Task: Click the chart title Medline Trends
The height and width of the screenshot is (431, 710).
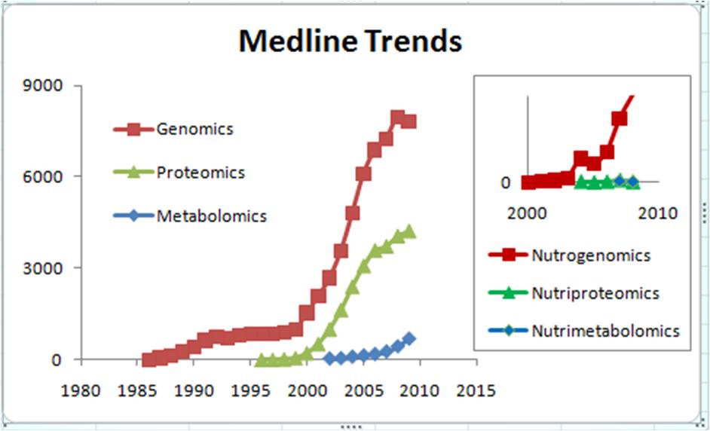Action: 350,41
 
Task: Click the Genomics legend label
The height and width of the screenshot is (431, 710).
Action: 194,129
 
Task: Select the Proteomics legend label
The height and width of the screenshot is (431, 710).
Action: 200,173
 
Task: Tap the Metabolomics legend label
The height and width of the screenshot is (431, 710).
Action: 211,216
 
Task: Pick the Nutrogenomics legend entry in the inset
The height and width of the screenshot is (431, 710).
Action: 590,255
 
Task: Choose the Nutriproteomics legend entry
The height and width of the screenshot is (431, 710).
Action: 595,293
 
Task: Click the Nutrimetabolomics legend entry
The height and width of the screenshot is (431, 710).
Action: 605,331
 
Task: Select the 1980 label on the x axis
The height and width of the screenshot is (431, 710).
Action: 81,391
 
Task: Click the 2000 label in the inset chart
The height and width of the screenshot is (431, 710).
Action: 526,213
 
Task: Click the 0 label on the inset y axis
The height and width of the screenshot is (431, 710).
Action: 506,182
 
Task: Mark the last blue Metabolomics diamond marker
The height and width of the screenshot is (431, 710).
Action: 409,338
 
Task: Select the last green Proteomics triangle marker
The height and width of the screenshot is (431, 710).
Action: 409,231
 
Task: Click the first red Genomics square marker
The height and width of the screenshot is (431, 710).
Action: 148,360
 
